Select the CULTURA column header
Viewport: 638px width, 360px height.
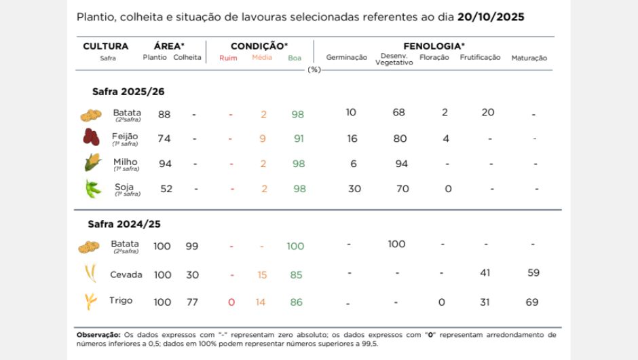(x=105, y=46)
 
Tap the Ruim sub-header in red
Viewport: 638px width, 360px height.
(x=228, y=58)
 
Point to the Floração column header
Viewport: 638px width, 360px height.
(x=434, y=58)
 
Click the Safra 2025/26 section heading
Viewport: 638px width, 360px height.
(x=128, y=91)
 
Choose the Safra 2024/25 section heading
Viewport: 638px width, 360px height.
(x=124, y=223)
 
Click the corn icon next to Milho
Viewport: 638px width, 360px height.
(x=92, y=163)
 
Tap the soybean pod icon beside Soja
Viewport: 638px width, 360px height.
(x=93, y=189)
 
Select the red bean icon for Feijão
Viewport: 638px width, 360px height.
(x=91, y=138)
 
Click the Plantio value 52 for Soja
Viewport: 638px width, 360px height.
(x=166, y=189)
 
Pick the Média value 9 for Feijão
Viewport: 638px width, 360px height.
(x=263, y=139)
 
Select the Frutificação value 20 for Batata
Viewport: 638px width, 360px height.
(x=488, y=112)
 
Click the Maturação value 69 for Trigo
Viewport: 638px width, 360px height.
(x=533, y=302)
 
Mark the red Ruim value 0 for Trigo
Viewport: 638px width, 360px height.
(x=231, y=302)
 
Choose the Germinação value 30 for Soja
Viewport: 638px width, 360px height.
(x=354, y=189)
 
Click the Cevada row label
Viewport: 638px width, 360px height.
(x=126, y=274)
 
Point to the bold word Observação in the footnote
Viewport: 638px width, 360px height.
(x=98, y=334)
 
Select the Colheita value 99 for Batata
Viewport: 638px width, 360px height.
(x=192, y=246)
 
